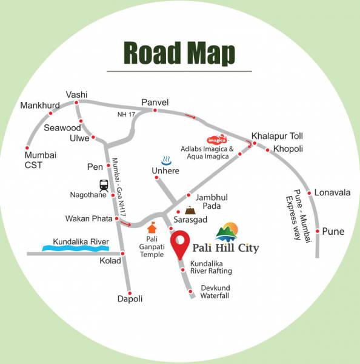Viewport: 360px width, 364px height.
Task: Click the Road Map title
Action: pos(179,53)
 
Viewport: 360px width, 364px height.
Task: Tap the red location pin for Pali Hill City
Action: pos(180,244)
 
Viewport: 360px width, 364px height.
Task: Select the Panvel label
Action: pos(155,101)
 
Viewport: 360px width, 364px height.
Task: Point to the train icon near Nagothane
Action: pos(104,185)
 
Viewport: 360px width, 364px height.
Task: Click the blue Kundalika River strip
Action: pos(75,248)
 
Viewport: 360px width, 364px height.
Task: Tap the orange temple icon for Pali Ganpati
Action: pos(152,227)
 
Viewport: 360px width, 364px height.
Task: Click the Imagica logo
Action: pos(216,139)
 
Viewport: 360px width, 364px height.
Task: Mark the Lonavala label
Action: pos(332,192)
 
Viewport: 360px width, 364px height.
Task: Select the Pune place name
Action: pos(333,231)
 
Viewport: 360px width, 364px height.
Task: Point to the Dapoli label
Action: pos(130,298)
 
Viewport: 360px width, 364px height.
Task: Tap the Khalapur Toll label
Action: pos(277,135)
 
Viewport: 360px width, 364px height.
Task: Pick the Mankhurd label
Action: pos(37,105)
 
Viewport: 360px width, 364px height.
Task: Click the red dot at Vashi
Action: pos(76,103)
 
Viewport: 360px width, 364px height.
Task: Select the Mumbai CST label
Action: pos(40,160)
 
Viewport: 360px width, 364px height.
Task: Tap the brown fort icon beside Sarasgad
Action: pos(191,210)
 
